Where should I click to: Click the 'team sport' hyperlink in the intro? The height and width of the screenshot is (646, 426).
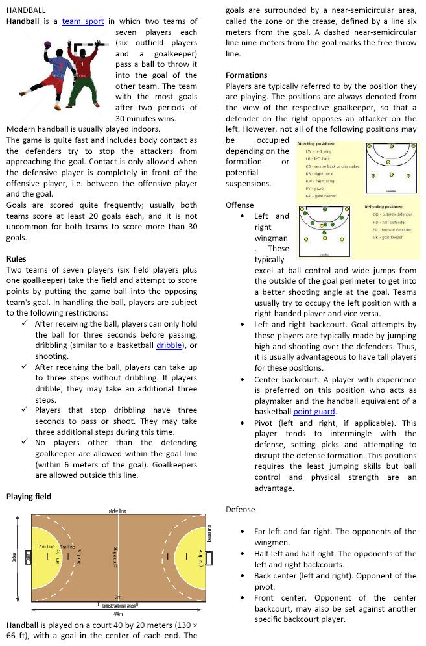point(83,21)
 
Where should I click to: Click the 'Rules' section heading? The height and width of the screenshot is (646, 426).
point(16,259)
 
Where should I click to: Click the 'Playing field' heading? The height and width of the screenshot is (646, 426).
point(29,497)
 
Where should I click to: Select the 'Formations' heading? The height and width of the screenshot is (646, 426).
point(246,75)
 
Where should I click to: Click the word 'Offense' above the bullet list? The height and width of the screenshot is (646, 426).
point(240,205)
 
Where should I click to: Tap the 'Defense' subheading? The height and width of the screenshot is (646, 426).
point(241,510)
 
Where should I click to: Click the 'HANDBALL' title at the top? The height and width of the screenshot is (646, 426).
point(25,10)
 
